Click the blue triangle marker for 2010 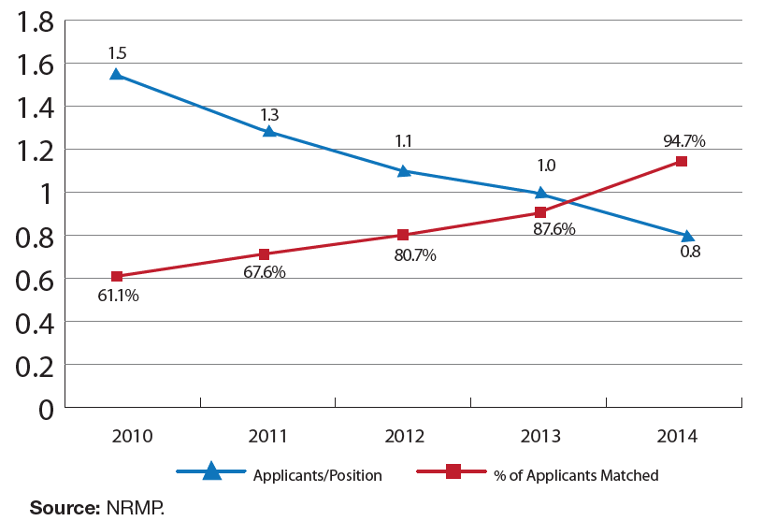(x=117, y=73)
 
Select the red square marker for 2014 (x=682, y=161)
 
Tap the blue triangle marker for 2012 (x=404, y=170)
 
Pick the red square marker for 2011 (x=265, y=253)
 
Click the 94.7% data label (x=684, y=141)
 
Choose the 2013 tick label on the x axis (x=541, y=436)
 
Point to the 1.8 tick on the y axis (x=31, y=22)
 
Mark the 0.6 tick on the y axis (x=31, y=279)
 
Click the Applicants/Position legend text (x=318, y=475)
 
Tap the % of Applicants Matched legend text (x=576, y=475)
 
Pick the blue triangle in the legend (x=212, y=472)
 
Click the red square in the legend (x=453, y=472)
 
